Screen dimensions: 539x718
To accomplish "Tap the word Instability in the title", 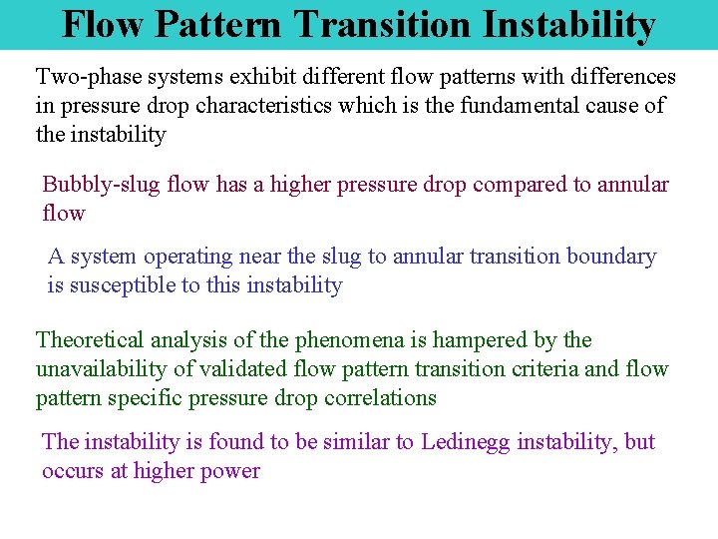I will [x=571, y=24].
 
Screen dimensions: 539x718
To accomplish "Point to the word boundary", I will [x=611, y=257].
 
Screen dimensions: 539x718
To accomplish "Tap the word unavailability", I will [x=102, y=369].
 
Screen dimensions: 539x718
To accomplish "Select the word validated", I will [x=245, y=369].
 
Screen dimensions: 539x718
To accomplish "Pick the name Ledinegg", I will [x=469, y=442].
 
